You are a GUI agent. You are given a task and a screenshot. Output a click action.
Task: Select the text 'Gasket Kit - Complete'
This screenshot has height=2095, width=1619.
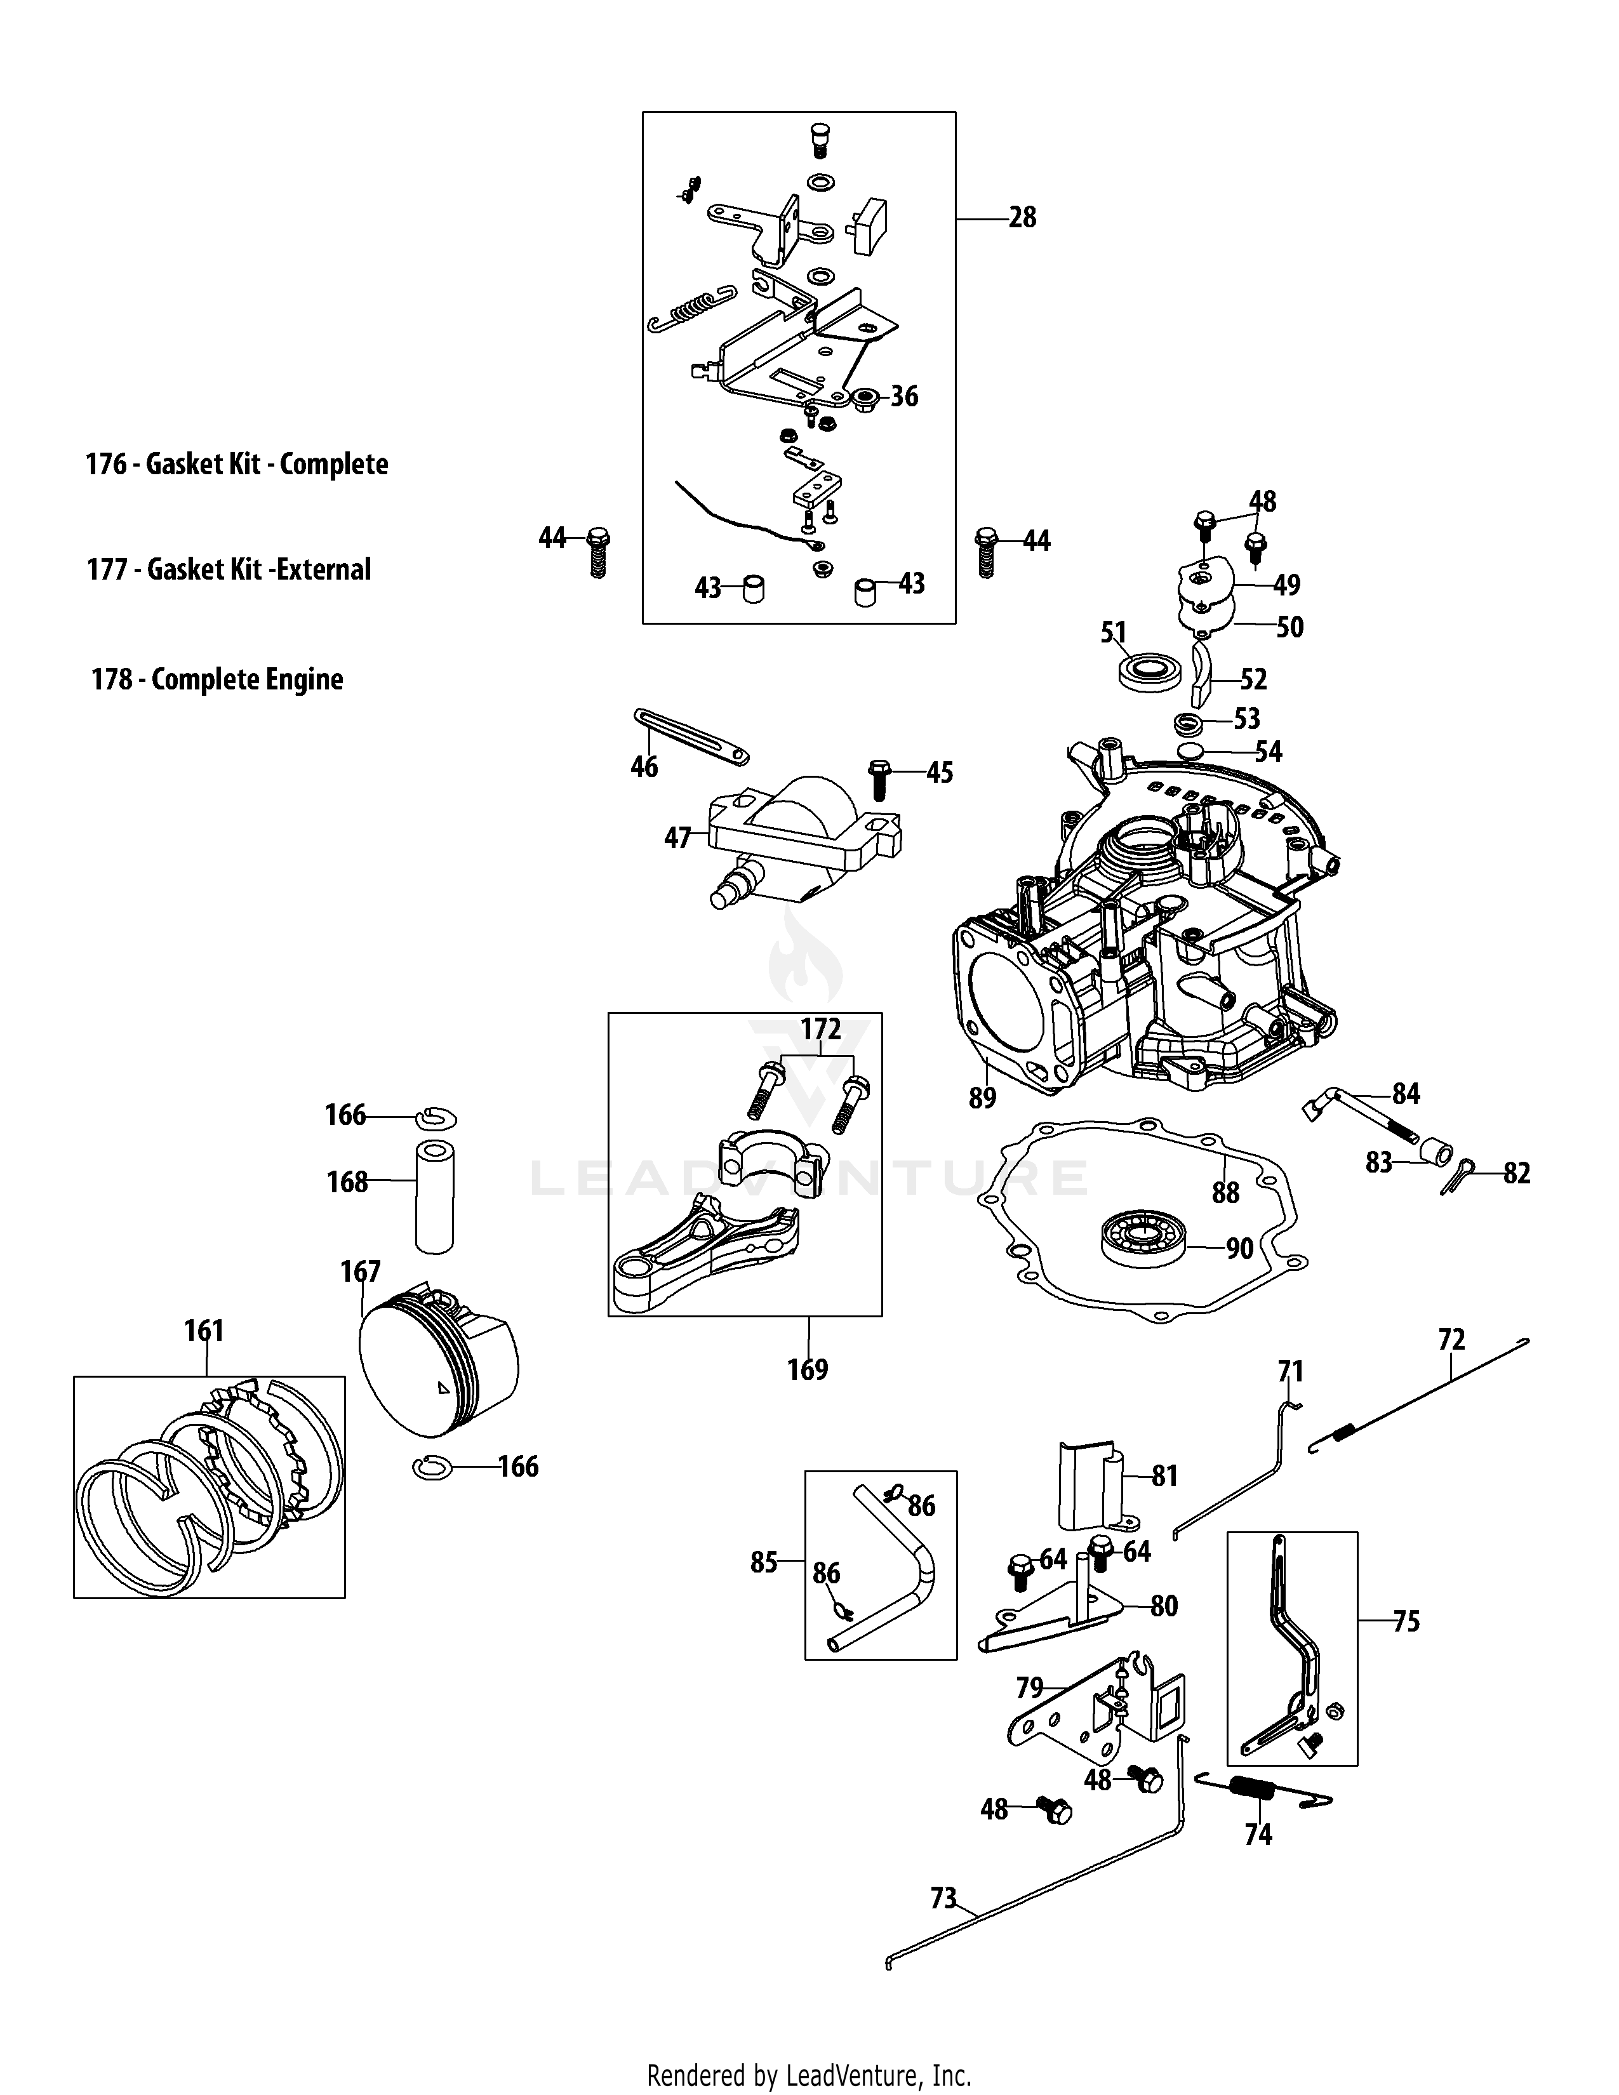click(x=267, y=464)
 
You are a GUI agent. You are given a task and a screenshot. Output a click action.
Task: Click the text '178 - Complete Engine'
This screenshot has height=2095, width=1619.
click(x=217, y=679)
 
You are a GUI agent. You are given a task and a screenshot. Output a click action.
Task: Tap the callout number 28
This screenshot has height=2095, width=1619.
click(x=1022, y=218)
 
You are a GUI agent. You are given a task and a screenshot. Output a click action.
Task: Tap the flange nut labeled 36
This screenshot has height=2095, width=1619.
click(x=866, y=396)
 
